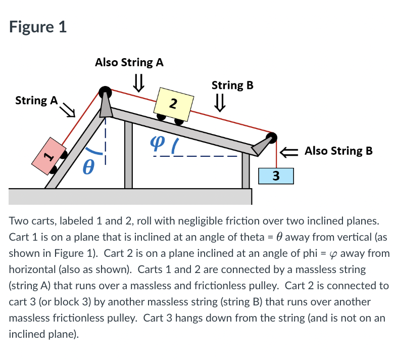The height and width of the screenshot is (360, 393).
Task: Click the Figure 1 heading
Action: click(x=38, y=26)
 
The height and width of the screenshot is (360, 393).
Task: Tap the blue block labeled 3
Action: click(x=275, y=176)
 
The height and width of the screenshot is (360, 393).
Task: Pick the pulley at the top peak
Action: click(x=105, y=92)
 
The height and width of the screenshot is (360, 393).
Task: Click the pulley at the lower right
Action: click(x=272, y=138)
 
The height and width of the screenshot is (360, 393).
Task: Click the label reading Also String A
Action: click(x=129, y=62)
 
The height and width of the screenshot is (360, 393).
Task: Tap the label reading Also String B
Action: click(x=338, y=151)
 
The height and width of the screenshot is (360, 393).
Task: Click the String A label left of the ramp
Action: click(x=37, y=100)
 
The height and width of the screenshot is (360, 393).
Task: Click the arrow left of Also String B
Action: click(x=291, y=151)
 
